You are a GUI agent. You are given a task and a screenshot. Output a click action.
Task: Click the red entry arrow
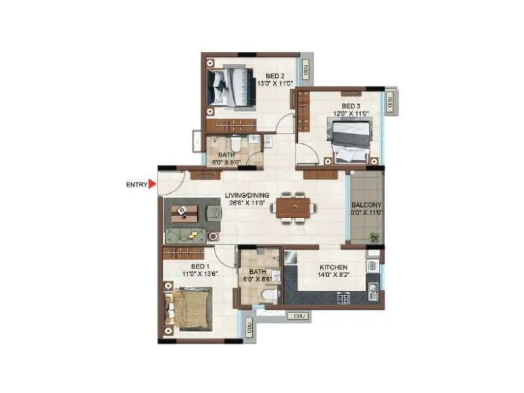pos(153,185)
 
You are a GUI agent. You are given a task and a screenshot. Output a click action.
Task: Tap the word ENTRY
pos(136,185)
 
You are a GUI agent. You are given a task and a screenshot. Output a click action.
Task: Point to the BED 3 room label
pos(350,105)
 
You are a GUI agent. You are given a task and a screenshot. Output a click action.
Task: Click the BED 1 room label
pos(200,267)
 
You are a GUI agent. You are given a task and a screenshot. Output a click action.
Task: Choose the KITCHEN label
pos(333,267)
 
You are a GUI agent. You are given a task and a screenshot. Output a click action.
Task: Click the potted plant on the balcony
pos(375,236)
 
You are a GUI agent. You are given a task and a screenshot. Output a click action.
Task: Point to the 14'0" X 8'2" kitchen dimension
pos(333,276)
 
